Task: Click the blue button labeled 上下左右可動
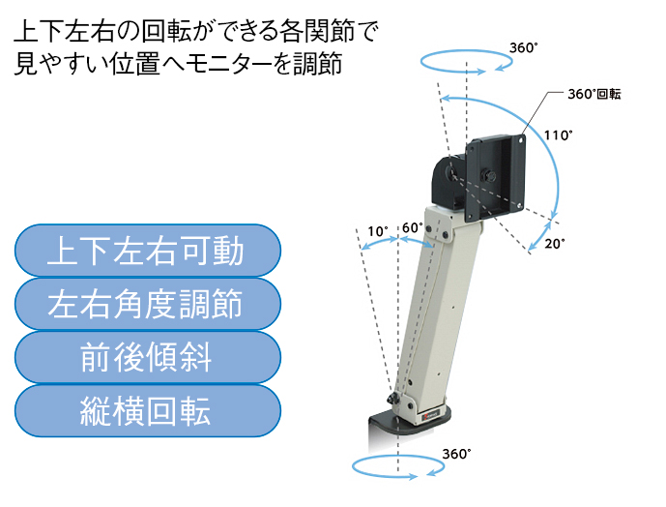click(x=147, y=251)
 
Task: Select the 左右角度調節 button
click(x=147, y=304)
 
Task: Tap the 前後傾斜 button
click(x=147, y=358)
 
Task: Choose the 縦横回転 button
click(x=147, y=411)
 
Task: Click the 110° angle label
click(x=558, y=135)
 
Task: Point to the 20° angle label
click(x=555, y=244)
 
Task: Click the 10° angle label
click(x=378, y=231)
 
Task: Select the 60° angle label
click(x=413, y=228)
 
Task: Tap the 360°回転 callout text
click(x=594, y=94)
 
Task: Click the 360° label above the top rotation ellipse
click(x=523, y=47)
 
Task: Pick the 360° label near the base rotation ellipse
click(x=456, y=454)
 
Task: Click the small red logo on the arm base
click(x=424, y=418)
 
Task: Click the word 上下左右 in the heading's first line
click(x=63, y=32)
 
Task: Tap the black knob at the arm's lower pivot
click(x=392, y=399)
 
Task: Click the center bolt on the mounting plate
click(x=486, y=175)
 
